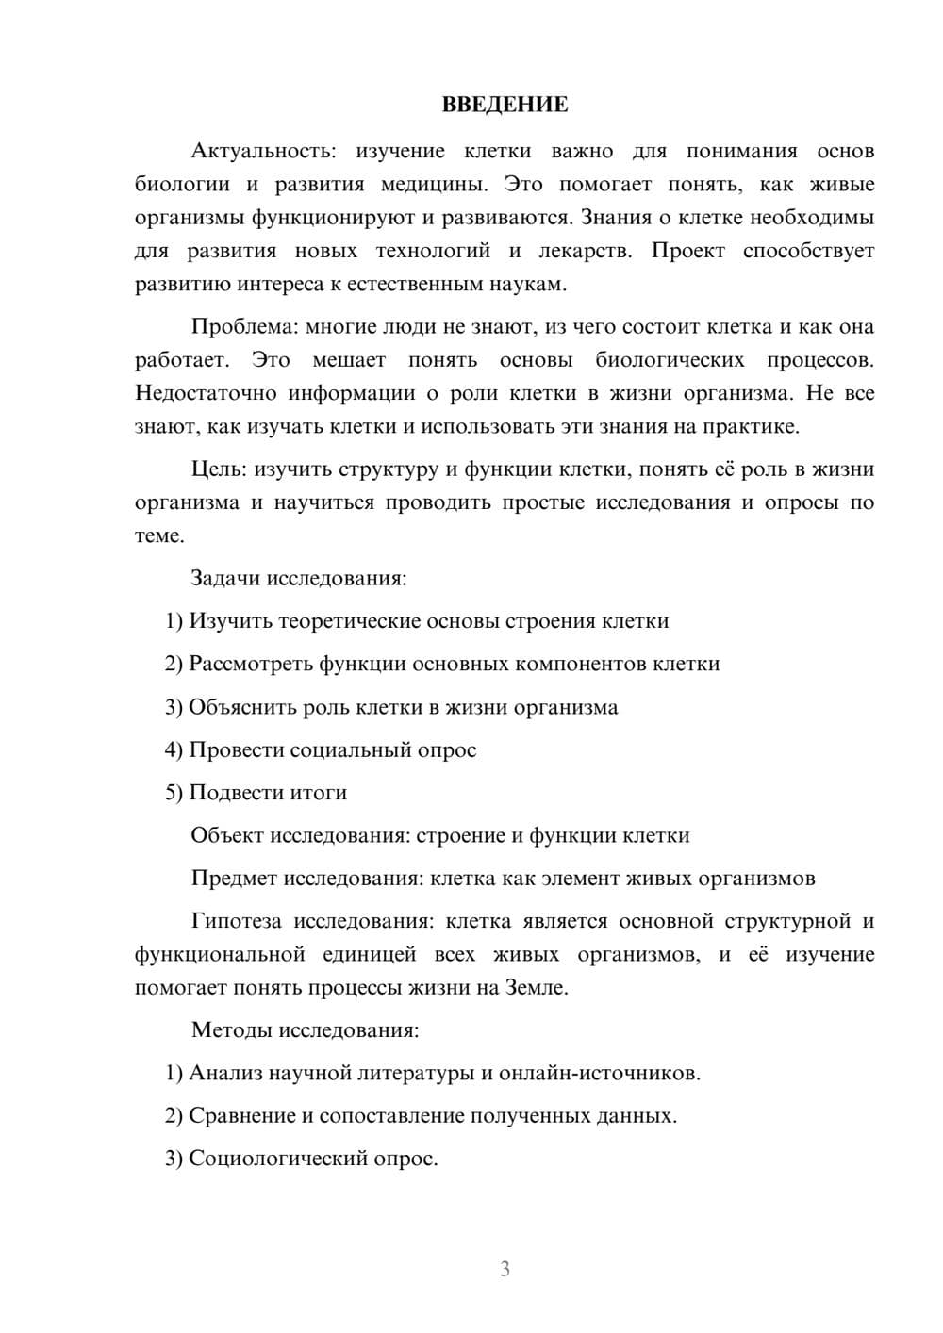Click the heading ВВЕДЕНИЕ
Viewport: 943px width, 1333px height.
point(505,105)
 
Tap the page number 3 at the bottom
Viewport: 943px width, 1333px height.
point(505,1269)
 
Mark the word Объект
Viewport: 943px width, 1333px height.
point(227,835)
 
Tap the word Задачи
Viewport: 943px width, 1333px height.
point(225,578)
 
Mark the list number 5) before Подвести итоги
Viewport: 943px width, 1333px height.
point(174,793)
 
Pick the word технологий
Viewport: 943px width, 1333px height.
point(434,251)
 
